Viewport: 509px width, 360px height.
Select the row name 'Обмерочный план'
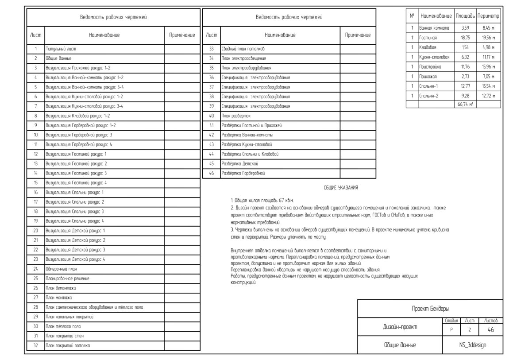[x=62, y=269]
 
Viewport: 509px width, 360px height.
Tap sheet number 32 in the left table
[x=35, y=345]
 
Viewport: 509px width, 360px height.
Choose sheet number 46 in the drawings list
[x=211, y=173]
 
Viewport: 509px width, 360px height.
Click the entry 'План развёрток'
[x=236, y=116]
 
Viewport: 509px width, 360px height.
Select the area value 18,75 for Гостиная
[x=465, y=38]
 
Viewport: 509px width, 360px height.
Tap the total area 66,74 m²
[x=465, y=105]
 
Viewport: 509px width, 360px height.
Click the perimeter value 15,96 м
[x=489, y=66]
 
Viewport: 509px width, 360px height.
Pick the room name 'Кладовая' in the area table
[x=428, y=47]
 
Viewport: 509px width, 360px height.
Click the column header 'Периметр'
[x=489, y=16]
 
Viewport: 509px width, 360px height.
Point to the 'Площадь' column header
[x=465, y=16]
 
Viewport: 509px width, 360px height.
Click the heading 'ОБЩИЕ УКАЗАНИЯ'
[x=341, y=188]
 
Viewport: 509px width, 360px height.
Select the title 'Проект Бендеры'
[x=430, y=309]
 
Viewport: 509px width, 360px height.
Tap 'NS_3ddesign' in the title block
[x=472, y=345]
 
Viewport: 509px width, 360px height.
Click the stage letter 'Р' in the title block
[x=451, y=330]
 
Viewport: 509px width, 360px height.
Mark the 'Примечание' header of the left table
[x=182, y=35]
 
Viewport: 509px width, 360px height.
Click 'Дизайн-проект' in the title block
[x=400, y=327]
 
